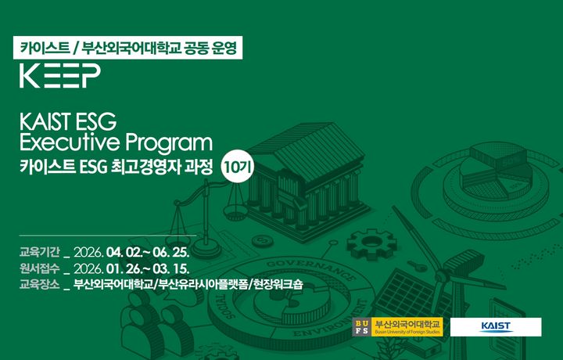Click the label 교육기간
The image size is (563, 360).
pyautogui.click(x=39, y=254)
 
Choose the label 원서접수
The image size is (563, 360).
pyautogui.click(x=39, y=269)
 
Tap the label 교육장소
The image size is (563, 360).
pyautogui.click(x=39, y=285)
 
